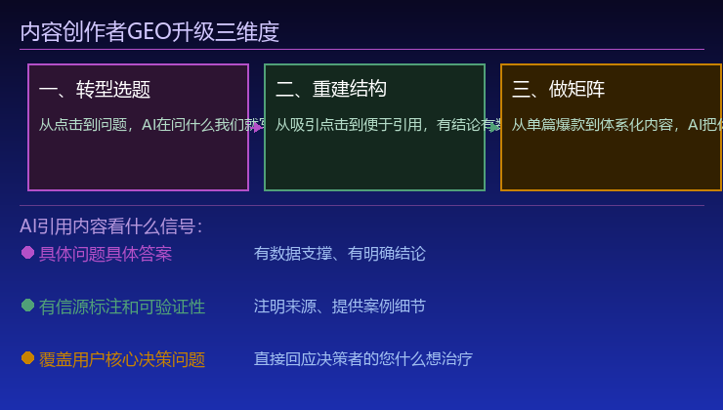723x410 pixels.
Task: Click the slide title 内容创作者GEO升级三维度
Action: tap(149, 32)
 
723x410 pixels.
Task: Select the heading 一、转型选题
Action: tap(95, 90)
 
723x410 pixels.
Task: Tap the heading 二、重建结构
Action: tap(331, 90)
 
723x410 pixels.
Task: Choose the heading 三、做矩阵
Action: tap(559, 90)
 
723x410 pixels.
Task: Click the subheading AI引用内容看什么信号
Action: tap(110, 226)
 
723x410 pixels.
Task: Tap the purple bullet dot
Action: tap(27, 253)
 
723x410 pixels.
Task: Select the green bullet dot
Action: tap(27, 306)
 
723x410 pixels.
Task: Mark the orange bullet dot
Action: tap(27, 358)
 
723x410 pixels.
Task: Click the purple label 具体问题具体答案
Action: tap(106, 254)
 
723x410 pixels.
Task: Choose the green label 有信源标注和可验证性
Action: tap(122, 307)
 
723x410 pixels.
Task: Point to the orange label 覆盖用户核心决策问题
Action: tap(122, 359)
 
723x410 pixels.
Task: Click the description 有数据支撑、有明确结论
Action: tap(340, 254)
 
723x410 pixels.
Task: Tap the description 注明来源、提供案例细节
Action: tap(340, 307)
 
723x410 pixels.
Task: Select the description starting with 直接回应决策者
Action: tap(363, 359)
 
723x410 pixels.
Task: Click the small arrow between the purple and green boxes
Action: tap(257, 127)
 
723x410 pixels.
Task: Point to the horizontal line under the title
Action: tap(361, 49)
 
